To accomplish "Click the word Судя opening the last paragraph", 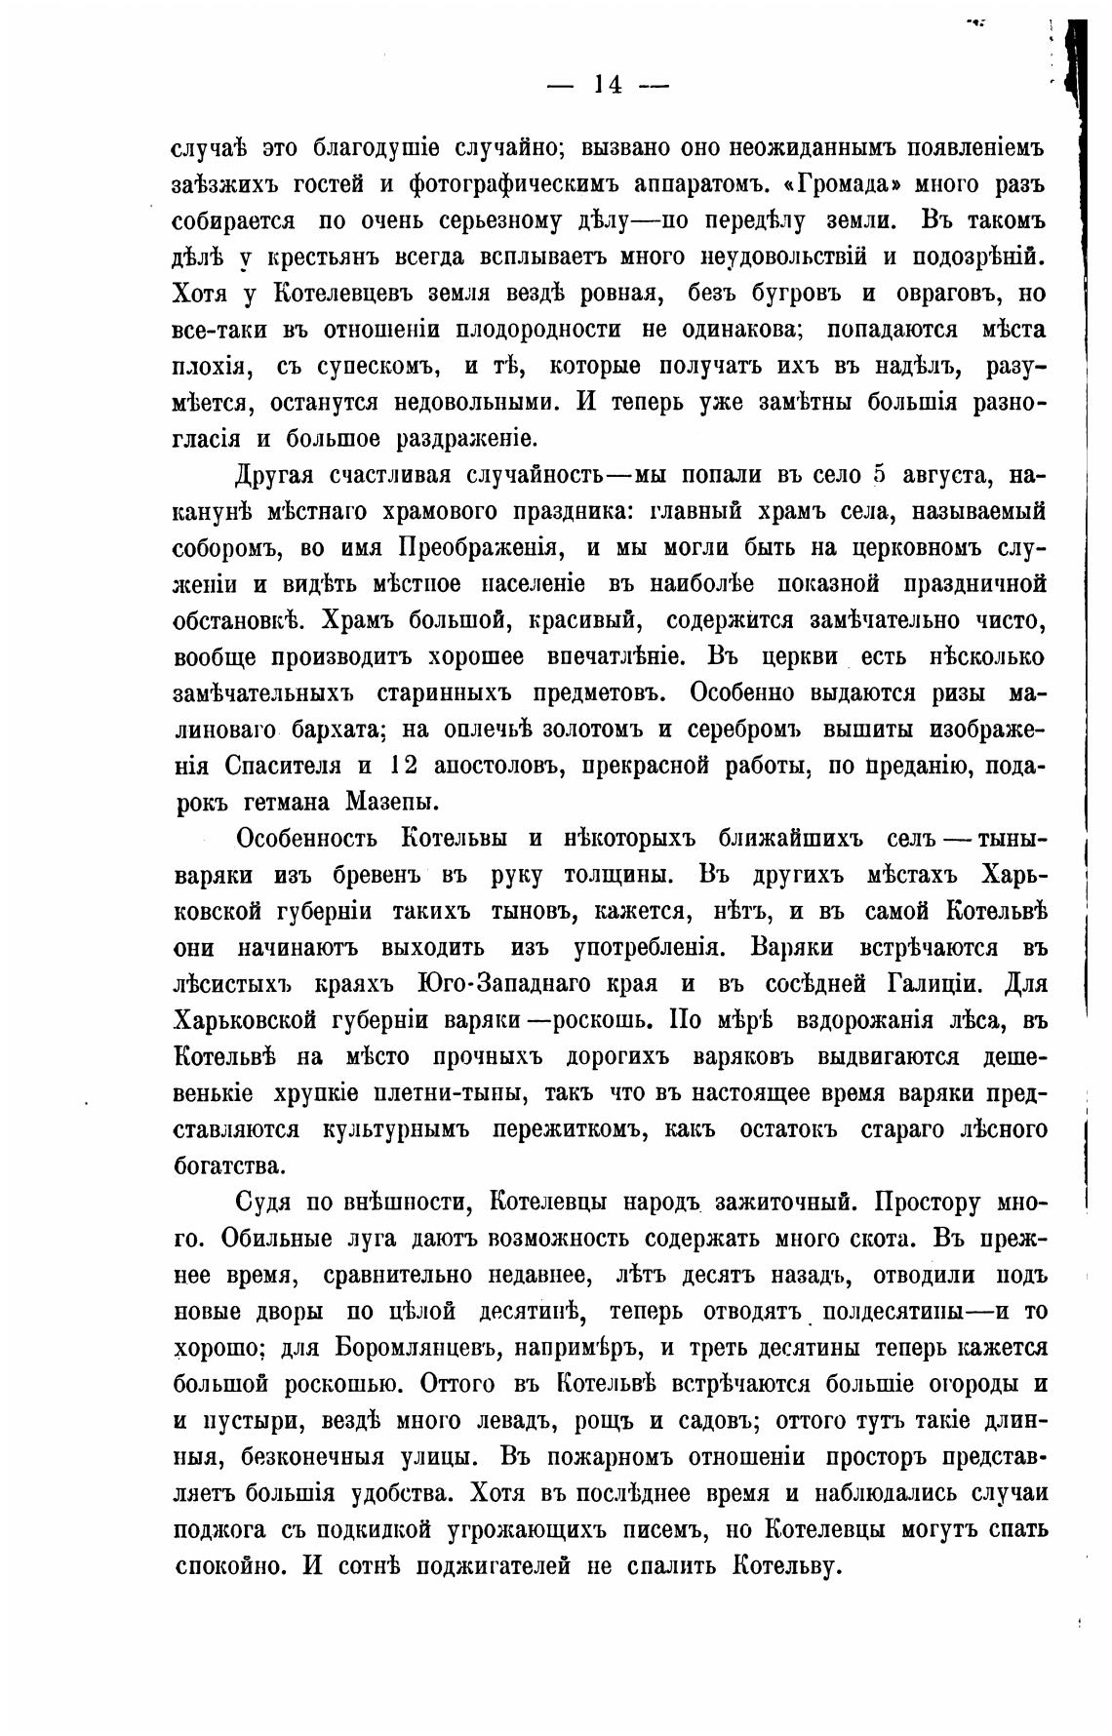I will (268, 1202).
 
